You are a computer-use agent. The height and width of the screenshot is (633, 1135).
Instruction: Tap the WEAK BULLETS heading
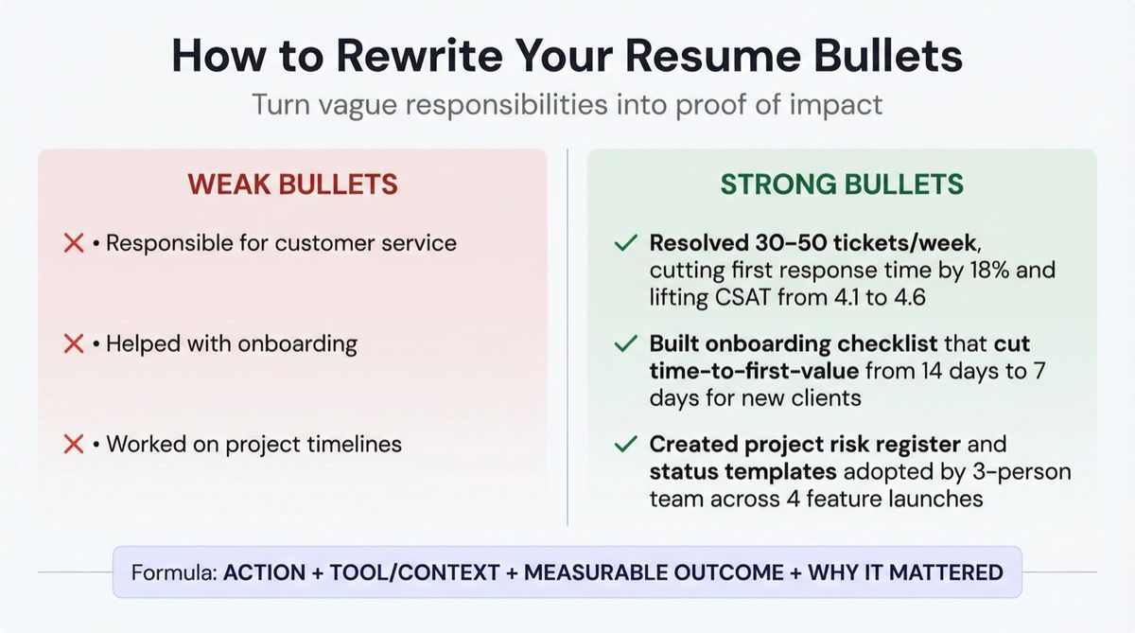click(x=292, y=184)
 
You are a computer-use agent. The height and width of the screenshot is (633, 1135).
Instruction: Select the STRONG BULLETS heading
click(x=842, y=184)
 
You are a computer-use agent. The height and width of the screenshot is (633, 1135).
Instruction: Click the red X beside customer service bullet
click(x=74, y=243)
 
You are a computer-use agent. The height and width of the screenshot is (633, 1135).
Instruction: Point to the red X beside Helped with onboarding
click(x=74, y=343)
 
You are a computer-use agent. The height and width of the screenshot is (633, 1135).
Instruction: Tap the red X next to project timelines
click(x=74, y=444)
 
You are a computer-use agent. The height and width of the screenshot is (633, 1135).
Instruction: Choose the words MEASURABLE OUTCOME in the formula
click(x=654, y=572)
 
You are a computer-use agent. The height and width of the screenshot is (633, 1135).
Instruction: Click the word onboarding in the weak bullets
click(x=300, y=343)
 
